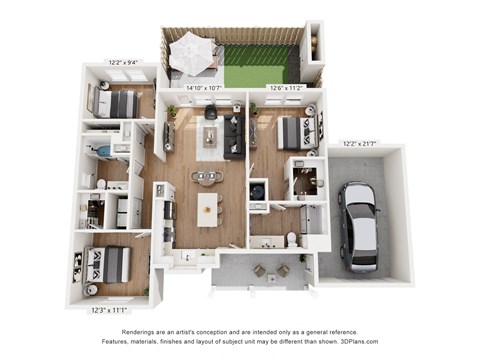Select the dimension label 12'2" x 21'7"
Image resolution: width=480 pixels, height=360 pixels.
click(x=360, y=142)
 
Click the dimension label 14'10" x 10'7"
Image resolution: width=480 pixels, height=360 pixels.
click(x=204, y=87)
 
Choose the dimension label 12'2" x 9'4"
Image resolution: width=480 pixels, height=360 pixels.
click(x=125, y=62)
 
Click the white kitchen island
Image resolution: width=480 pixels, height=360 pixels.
click(x=207, y=209)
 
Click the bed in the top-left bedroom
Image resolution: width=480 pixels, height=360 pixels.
click(x=118, y=102)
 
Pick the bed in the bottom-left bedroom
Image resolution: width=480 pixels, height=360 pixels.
click(x=106, y=263)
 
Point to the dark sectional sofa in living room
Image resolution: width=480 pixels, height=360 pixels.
click(x=233, y=134)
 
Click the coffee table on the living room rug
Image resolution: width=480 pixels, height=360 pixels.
click(x=211, y=136)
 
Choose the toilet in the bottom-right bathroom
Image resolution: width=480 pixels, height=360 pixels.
click(x=291, y=239)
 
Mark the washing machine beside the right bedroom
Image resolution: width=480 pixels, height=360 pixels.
click(x=257, y=189)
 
